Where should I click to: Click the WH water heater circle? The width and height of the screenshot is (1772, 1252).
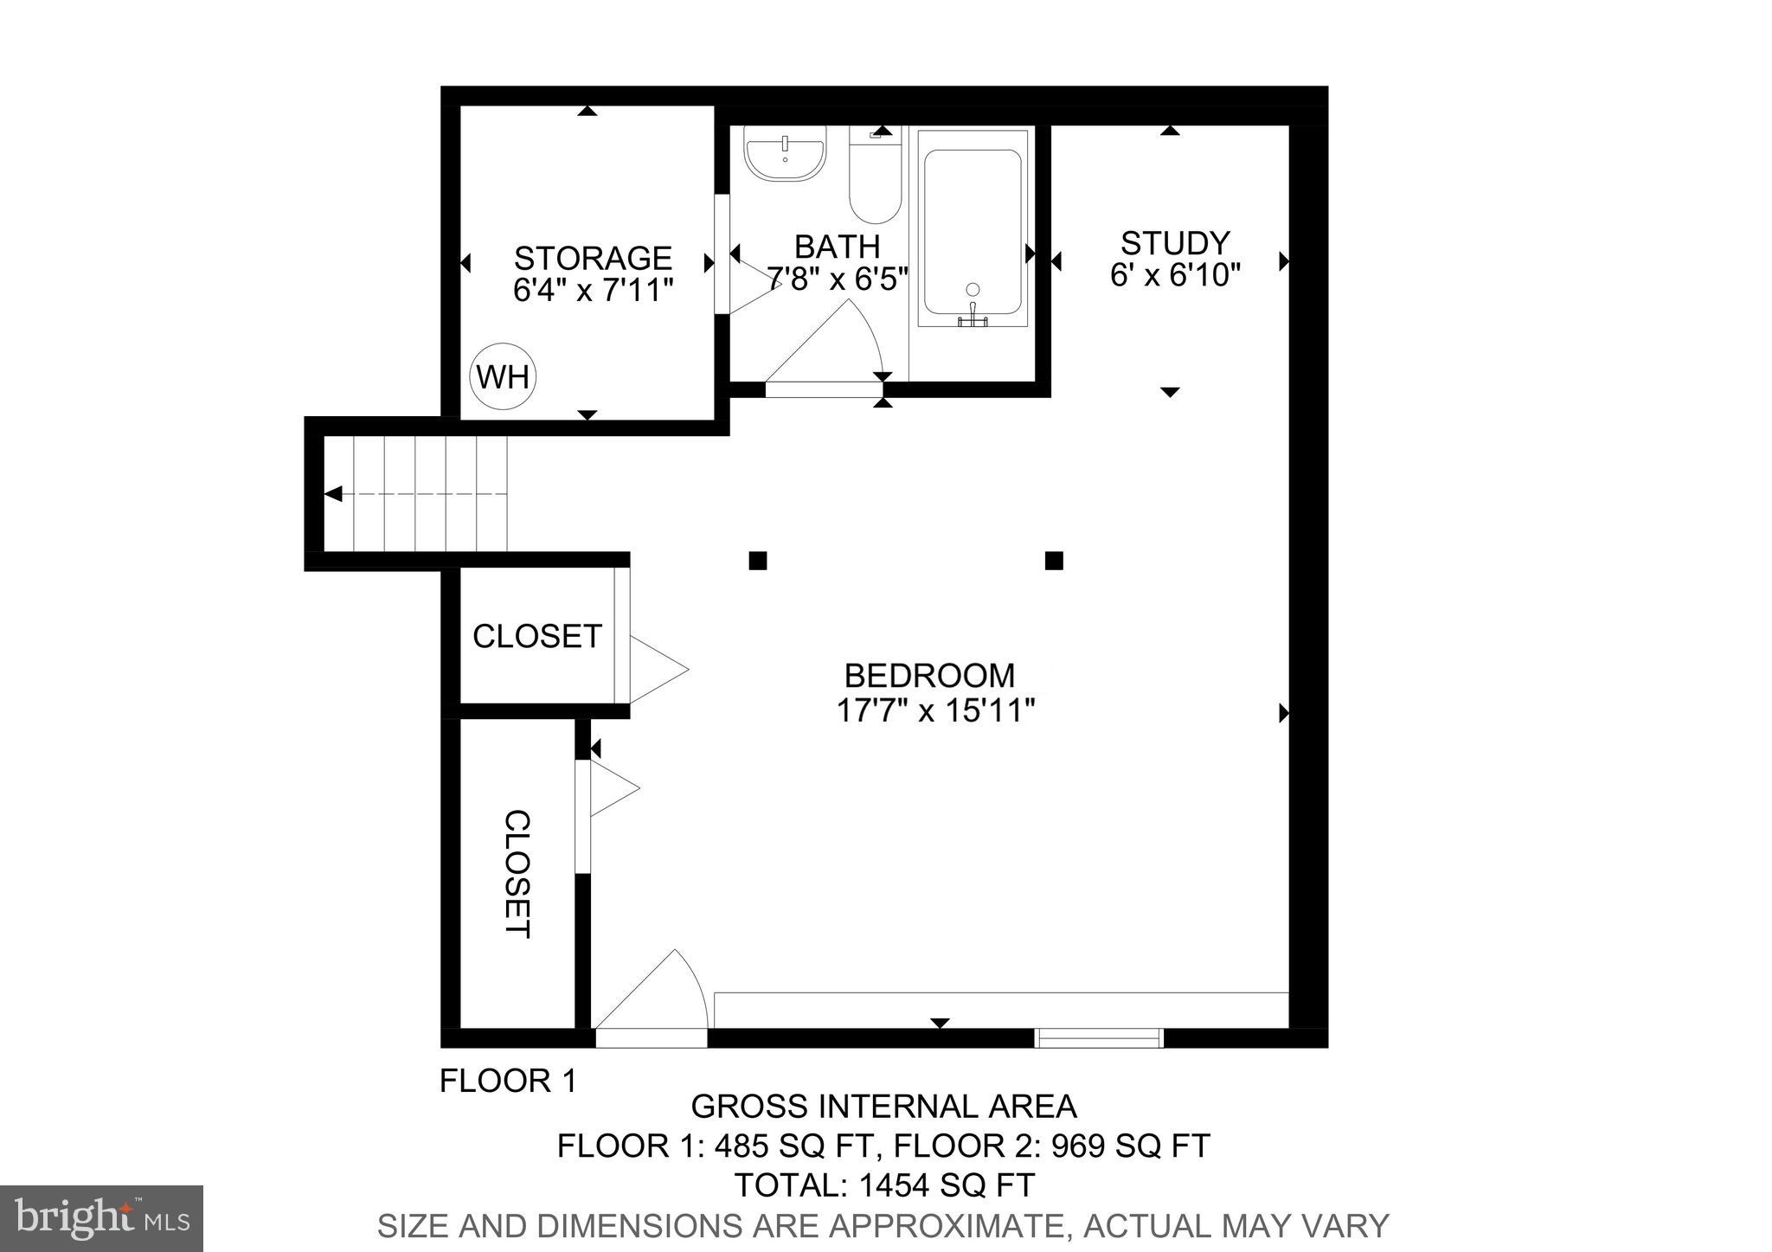coord(503,377)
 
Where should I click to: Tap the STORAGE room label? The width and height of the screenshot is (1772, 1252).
coord(593,258)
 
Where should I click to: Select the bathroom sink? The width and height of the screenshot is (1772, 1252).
coord(786,153)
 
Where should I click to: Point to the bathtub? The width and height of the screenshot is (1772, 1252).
coord(973,229)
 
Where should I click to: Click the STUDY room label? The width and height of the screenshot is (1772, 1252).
coord(1174,242)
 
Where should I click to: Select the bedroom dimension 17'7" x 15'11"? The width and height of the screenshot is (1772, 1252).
coord(935,711)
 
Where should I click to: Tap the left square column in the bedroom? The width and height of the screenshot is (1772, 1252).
coord(758,561)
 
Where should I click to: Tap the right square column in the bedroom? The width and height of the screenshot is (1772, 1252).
coord(1053,561)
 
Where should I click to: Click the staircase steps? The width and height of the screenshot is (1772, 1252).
coord(415,493)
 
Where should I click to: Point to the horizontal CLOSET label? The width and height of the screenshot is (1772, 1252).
coord(536,636)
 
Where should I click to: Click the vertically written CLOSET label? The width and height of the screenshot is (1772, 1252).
coord(517,874)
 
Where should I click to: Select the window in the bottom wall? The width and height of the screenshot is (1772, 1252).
coord(1099,1037)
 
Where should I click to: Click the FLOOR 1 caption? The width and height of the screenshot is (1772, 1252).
coord(508,1081)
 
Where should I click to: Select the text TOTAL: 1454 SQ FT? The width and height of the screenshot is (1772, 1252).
coord(883,1185)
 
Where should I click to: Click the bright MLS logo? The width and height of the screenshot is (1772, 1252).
coord(101,1218)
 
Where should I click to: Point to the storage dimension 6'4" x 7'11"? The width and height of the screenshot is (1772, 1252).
coord(593,290)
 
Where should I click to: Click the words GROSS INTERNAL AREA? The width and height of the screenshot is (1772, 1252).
coord(883,1107)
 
